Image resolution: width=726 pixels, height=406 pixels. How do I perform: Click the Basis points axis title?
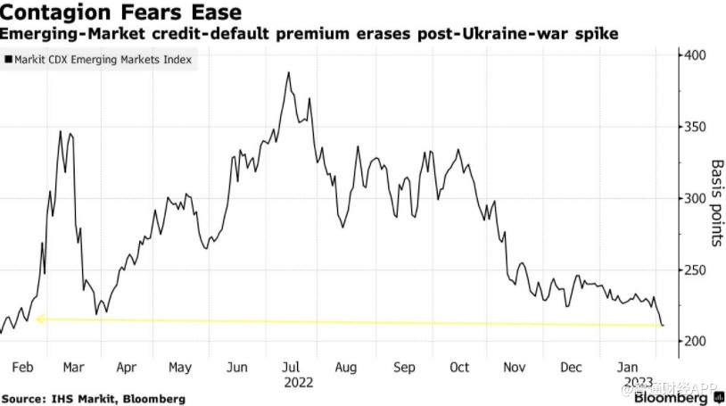[716, 203]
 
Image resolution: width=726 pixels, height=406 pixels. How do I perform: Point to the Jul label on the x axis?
[290, 367]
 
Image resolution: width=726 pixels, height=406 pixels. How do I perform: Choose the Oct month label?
[459, 367]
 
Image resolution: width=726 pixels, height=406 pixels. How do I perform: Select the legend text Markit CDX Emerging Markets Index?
[103, 60]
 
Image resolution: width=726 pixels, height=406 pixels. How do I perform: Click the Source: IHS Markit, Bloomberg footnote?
[93, 398]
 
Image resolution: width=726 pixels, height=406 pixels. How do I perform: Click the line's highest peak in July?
[289, 73]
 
